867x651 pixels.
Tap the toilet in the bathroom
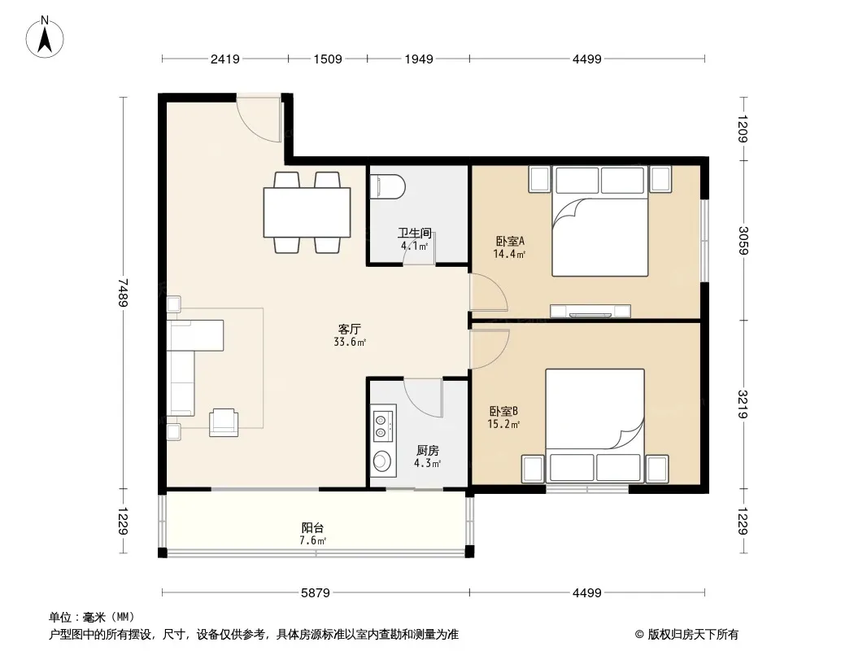pos(387,186)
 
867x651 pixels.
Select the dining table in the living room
pos(307,212)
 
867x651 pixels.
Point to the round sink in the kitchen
pos(381,461)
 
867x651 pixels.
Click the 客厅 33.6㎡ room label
pos(350,335)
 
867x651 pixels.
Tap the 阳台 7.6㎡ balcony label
pos(312,535)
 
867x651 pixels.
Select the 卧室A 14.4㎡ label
pos(509,247)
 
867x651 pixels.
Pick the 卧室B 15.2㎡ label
pos(503,417)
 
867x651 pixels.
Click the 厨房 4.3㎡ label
pos(428,457)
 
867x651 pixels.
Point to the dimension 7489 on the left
pos(123,293)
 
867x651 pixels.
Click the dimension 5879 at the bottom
pos(316,593)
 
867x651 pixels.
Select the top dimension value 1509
pos(328,59)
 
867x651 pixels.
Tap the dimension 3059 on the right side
pos(743,240)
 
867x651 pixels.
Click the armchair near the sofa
pos(224,422)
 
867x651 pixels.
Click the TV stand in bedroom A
pos(590,311)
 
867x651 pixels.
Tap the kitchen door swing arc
pos(424,397)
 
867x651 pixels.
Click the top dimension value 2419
pos(225,59)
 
